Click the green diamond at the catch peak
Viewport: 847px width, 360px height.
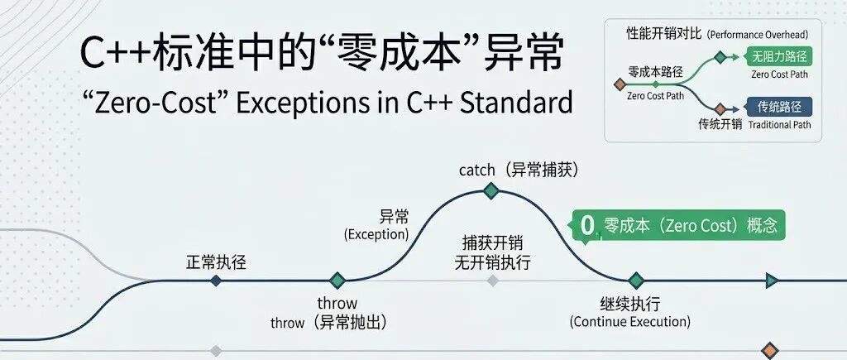(490, 191)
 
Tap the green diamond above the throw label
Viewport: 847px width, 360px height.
(337, 281)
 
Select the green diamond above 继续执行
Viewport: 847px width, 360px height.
(634, 281)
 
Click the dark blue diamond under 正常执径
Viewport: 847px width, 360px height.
(216, 281)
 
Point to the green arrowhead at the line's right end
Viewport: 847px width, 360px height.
(772, 281)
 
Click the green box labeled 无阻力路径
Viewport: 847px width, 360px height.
(778, 57)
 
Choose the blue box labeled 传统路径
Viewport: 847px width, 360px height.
(778, 107)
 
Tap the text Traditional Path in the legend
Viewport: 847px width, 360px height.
(780, 126)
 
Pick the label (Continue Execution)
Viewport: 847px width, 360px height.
(629, 321)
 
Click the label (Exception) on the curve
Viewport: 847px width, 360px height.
(376, 234)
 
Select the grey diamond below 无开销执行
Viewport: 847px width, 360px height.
(493, 281)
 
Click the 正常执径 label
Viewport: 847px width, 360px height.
(216, 263)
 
